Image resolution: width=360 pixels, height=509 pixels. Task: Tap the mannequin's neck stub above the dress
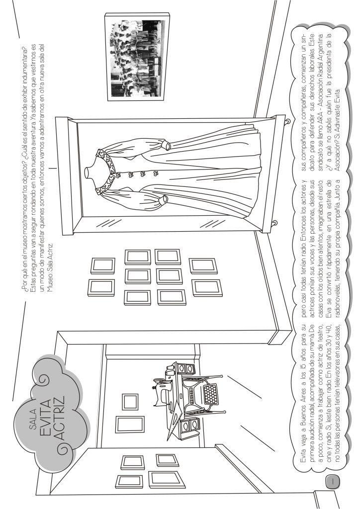point(90,170)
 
